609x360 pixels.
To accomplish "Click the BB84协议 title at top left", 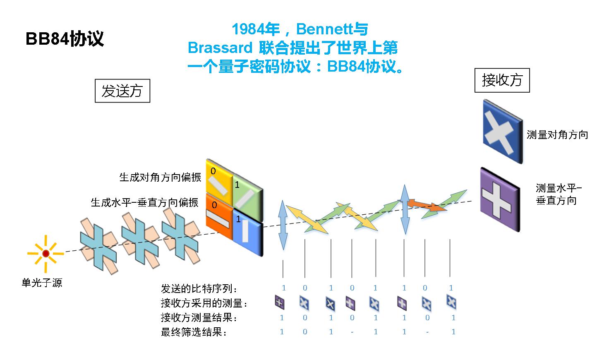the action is tap(65, 38).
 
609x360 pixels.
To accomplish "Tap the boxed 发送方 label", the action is tap(122, 91).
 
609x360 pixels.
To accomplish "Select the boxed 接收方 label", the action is tap(502, 80).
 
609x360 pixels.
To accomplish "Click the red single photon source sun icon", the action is tap(46, 253).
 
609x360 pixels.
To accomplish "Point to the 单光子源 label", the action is tap(42, 283).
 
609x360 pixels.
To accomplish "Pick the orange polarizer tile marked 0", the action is tap(219, 215).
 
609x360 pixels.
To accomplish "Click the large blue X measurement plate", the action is tap(502, 132).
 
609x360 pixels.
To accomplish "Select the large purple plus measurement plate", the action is tap(500, 199).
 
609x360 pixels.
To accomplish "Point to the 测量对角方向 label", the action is tap(557, 135).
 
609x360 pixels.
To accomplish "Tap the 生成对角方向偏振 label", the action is tap(160, 177).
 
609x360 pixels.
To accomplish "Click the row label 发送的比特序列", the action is tap(199, 288).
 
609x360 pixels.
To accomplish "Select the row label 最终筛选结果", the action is tap(194, 332).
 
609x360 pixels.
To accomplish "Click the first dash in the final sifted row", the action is tap(352, 332).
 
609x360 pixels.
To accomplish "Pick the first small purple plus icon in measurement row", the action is tap(280, 302).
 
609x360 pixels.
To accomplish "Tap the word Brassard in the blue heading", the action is tap(220, 48).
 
